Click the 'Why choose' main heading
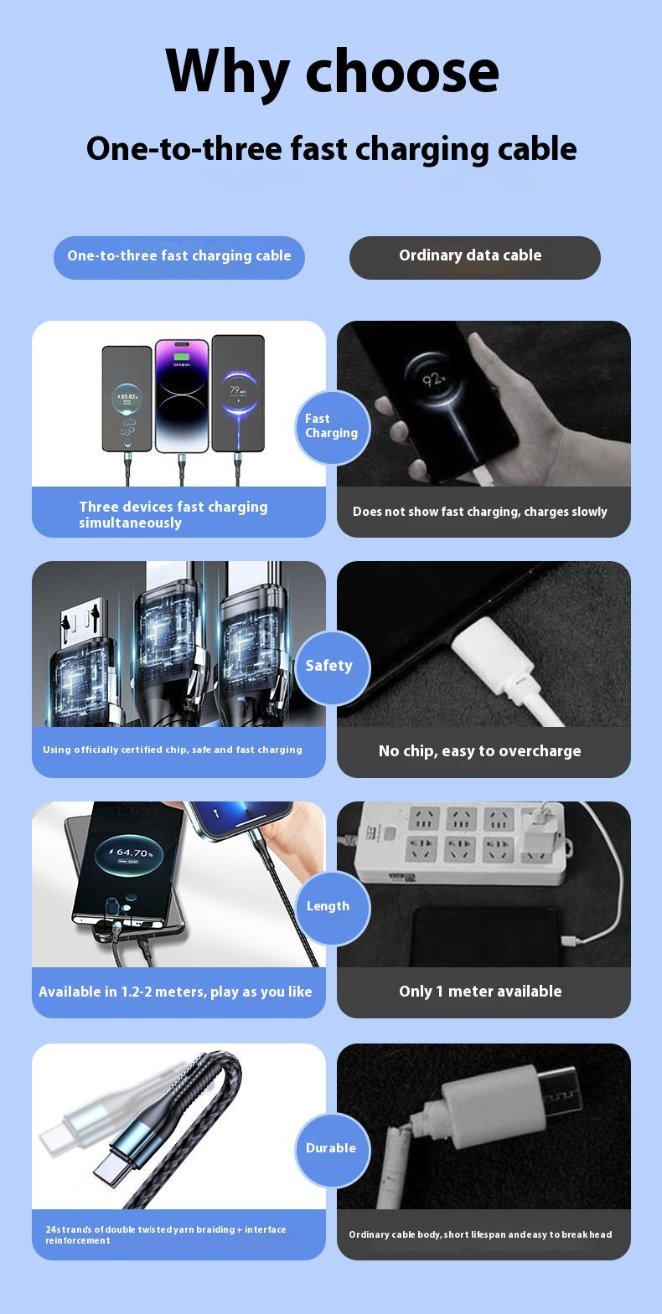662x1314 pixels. coord(332,71)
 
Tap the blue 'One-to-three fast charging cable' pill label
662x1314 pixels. coord(178,256)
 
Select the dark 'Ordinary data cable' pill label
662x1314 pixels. coord(474,256)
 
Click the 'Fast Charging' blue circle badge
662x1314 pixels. coord(332,427)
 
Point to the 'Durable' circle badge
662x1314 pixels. coord(332,1149)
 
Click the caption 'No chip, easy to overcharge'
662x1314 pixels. coord(480,751)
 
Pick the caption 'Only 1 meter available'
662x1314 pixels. coord(480,992)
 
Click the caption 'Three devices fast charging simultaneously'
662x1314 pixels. coord(174,514)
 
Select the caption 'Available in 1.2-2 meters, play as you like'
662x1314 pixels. coord(176,992)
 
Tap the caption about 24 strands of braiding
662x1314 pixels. coord(166,1234)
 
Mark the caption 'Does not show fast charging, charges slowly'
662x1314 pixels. coord(480,512)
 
